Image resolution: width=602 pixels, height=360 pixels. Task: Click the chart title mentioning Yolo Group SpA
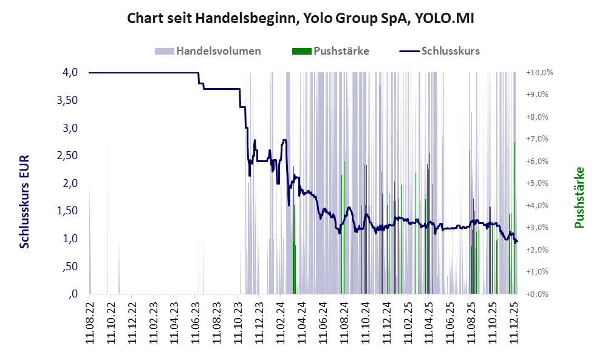click(300, 19)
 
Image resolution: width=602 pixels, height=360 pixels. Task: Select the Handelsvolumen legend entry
click(218, 51)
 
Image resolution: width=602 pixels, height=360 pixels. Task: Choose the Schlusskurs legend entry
click(450, 51)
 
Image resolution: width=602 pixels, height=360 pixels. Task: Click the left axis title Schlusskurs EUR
click(25, 201)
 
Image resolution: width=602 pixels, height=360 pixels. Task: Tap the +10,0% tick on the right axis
click(539, 73)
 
